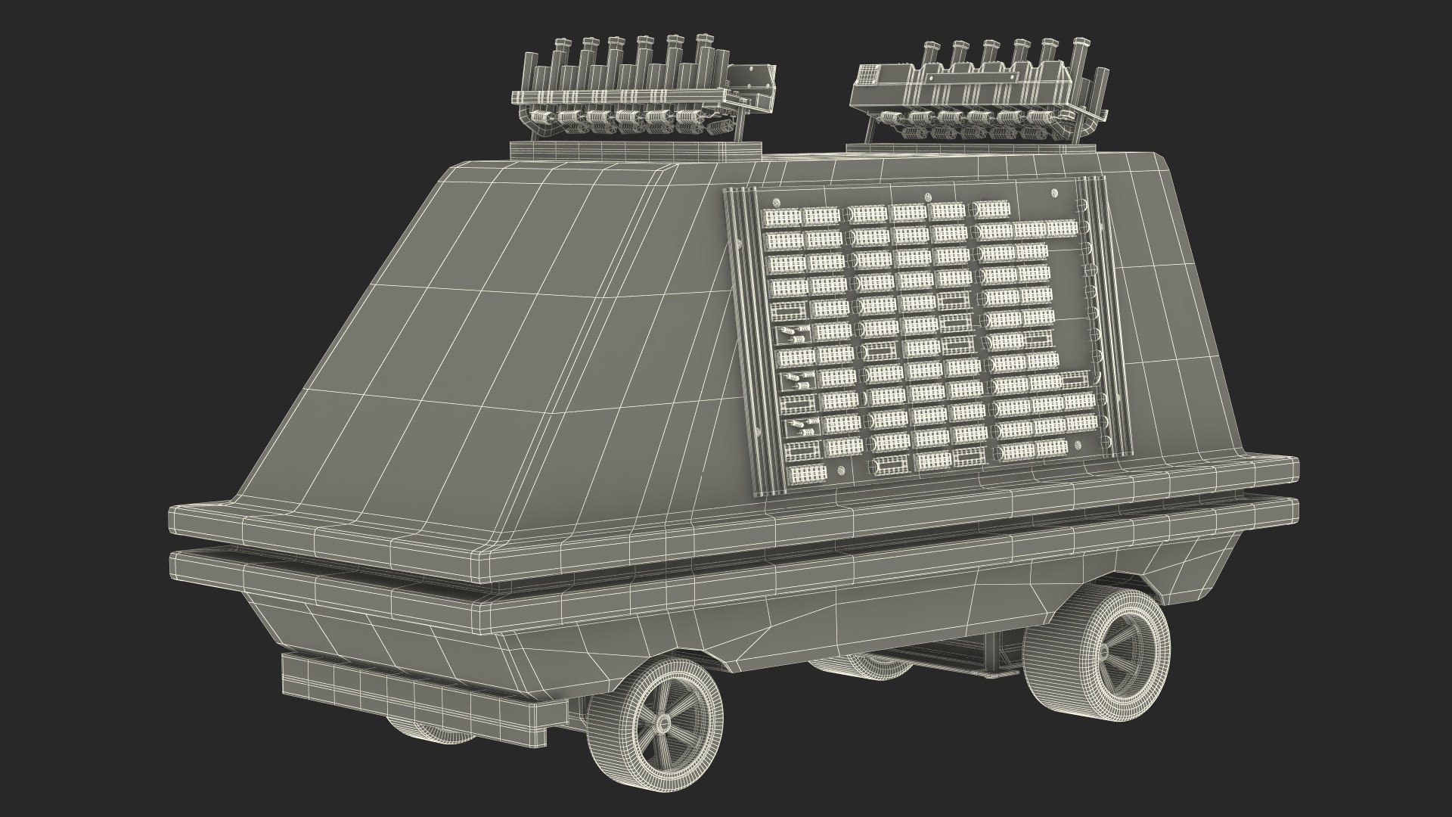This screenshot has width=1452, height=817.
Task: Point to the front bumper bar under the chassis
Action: (423, 690)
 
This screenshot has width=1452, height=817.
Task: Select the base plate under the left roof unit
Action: (560, 151)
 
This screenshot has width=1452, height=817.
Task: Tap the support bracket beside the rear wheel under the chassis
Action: (991, 651)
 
